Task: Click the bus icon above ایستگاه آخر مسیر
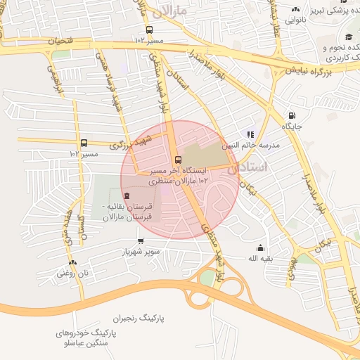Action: tap(177, 159)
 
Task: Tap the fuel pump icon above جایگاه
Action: tap(292, 116)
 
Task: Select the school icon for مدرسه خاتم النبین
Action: tap(250, 134)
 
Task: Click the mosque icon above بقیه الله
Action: tap(261, 247)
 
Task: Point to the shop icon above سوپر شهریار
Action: tap(141, 240)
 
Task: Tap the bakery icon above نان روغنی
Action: tap(72, 262)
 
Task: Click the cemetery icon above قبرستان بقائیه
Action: tap(127, 196)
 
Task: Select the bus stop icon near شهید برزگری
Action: tap(84, 143)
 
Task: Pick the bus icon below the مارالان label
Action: tap(149, 30)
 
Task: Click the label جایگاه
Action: tap(292, 127)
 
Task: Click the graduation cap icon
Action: tap(347, 37)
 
